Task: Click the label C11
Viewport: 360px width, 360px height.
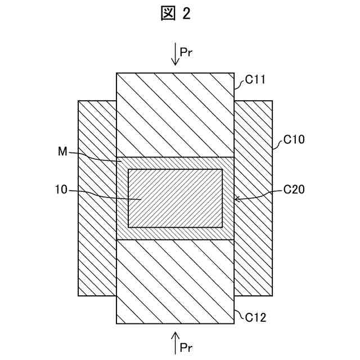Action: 256,82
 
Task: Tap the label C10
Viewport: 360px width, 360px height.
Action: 294,139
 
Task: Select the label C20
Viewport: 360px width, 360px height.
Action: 294,191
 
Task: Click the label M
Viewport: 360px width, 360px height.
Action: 62,151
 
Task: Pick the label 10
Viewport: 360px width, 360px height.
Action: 61,191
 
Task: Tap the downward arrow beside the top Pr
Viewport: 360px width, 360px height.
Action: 174,55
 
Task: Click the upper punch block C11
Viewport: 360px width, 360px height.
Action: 175,115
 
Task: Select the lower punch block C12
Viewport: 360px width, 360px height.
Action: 175,281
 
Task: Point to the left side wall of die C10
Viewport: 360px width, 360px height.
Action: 97,198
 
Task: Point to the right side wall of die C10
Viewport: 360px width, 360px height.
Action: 253,198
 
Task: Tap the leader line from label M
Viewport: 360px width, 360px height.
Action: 96,156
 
